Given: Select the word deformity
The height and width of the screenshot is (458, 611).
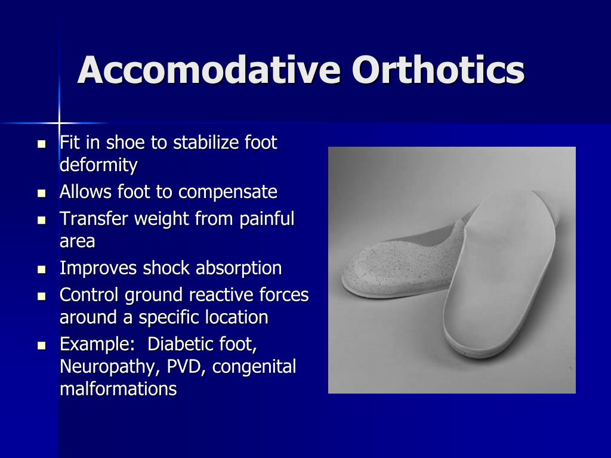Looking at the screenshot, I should pyautogui.click(x=98, y=165).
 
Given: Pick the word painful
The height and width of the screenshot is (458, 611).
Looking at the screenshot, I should pyautogui.click(x=267, y=219).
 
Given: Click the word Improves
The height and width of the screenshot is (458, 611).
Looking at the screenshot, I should pyautogui.click(x=98, y=268).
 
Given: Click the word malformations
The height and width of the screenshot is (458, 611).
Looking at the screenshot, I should pyautogui.click(x=118, y=389).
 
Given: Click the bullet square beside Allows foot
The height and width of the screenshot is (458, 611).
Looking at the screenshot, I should pyautogui.click(x=41, y=193).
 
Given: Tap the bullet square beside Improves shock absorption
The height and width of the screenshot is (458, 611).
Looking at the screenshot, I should pyautogui.click(x=41, y=270).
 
